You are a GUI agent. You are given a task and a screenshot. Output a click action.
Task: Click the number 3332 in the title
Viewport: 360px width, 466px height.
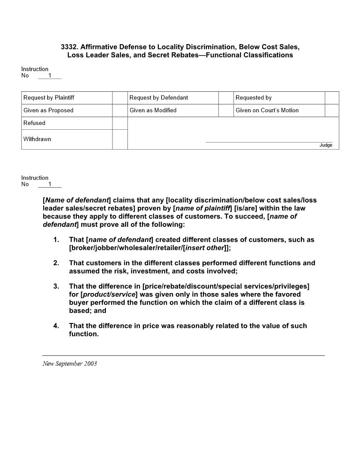pyautogui.click(x=69, y=47)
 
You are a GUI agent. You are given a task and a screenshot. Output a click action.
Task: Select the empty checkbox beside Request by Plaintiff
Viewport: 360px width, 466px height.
pyautogui.click(x=120, y=98)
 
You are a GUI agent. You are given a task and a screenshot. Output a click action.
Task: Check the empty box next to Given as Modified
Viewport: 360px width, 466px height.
pyautogui.click(x=226, y=110)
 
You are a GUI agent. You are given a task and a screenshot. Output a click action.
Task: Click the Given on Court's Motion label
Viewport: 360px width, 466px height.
pyautogui.click(x=267, y=110)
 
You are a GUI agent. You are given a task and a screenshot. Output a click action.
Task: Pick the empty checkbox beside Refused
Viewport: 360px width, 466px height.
pyautogui.click(x=120, y=123)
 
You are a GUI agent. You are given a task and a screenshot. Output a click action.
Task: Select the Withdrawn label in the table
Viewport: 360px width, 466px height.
pyautogui.click(x=37, y=139)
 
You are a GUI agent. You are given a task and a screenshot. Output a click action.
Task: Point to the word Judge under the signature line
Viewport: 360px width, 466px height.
pyautogui.click(x=326, y=145)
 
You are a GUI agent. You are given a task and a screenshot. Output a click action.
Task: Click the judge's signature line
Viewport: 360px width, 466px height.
pyautogui.click(x=269, y=142)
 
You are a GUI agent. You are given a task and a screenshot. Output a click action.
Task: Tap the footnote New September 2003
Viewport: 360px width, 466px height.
pyautogui.click(x=70, y=364)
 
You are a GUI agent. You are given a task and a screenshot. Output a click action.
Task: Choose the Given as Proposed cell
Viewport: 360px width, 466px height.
pyautogui.click(x=49, y=110)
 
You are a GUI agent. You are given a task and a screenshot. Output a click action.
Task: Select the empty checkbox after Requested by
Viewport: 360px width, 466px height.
pyautogui.click(x=332, y=98)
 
